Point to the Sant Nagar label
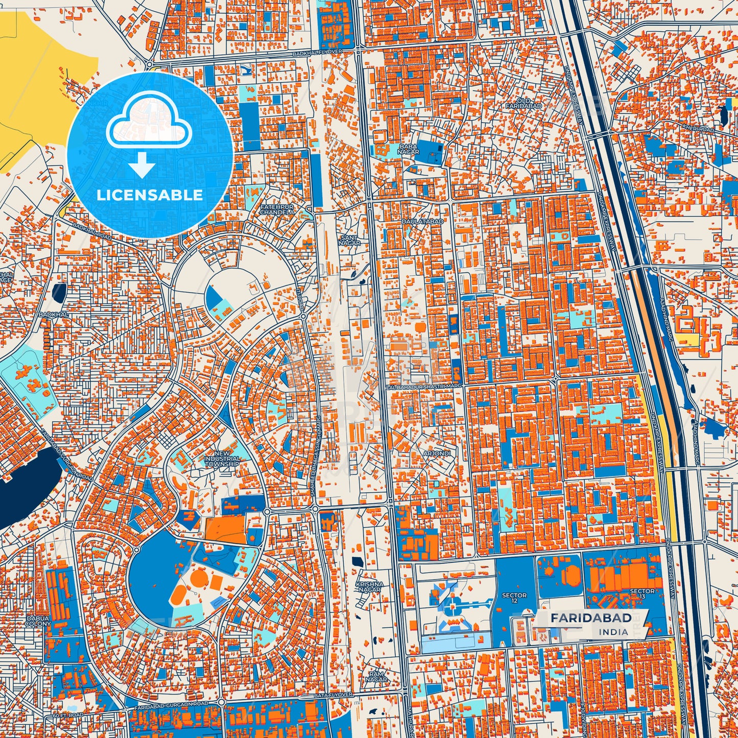349,240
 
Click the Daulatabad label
422,221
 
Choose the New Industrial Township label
222,459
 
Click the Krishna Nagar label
369,587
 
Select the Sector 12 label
514,598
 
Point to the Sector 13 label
642,594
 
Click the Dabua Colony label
38,621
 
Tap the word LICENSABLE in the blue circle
150,195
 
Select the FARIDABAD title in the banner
591,618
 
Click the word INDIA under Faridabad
614,632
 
